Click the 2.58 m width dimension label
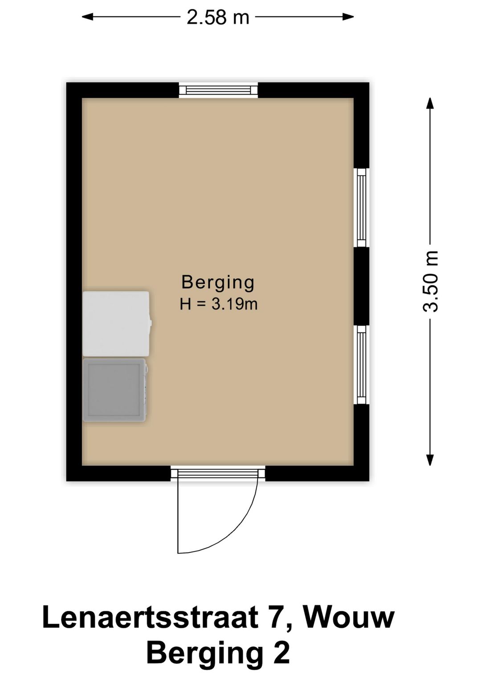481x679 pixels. coord(217,17)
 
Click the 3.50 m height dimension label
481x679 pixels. coord(430,281)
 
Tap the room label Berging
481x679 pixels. coord(218,282)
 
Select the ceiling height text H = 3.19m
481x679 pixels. coord(218,304)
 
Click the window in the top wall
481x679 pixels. coord(218,90)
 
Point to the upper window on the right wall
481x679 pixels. coord(362,207)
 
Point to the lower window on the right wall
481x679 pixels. coord(362,365)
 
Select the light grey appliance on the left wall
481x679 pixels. coord(116,323)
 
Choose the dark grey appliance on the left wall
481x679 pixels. coord(115,390)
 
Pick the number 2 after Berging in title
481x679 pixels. coord(281,653)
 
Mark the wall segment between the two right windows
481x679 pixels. coord(362,286)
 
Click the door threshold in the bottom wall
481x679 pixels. coord(218,473)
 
